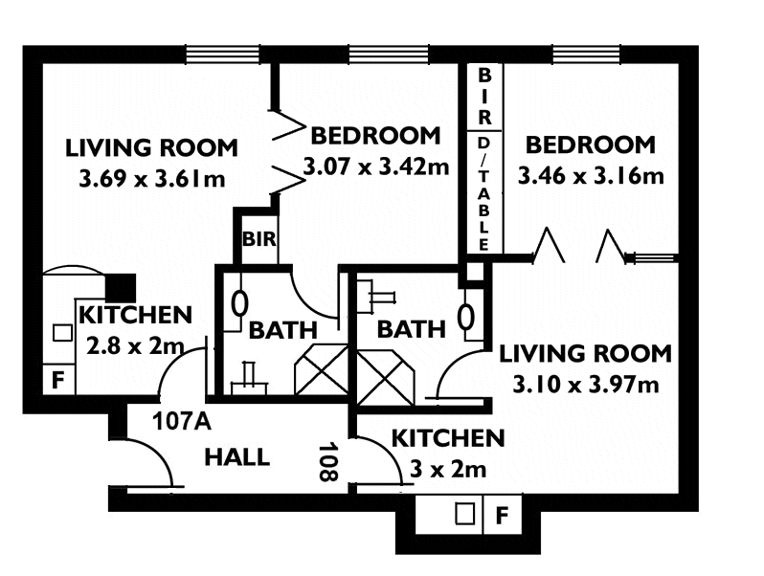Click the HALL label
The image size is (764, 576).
coord(236,457)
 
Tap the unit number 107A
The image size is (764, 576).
coord(181,421)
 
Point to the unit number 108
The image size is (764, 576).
coord(328,461)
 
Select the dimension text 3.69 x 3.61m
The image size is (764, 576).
coord(152,180)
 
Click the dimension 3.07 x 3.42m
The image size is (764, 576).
coord(375,167)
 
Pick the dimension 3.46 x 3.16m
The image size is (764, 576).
coord(591,176)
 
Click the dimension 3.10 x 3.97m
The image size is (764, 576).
coord(586,386)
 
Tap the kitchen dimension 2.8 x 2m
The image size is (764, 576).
coord(135,346)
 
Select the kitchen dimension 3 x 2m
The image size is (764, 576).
coord(448,470)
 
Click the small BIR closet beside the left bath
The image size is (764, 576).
coord(259,239)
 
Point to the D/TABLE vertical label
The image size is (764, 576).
coord(483,194)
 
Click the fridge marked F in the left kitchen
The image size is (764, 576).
coord(58,379)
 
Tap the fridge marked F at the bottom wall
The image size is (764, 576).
coord(502,515)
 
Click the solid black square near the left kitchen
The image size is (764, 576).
coord(121,288)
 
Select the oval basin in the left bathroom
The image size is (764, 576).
coord(238,304)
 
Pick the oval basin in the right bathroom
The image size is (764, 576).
coord(467,317)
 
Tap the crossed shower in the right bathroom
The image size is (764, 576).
coord(386,377)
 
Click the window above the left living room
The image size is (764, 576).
coord(223,54)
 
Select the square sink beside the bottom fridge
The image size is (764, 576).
coord(465,514)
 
